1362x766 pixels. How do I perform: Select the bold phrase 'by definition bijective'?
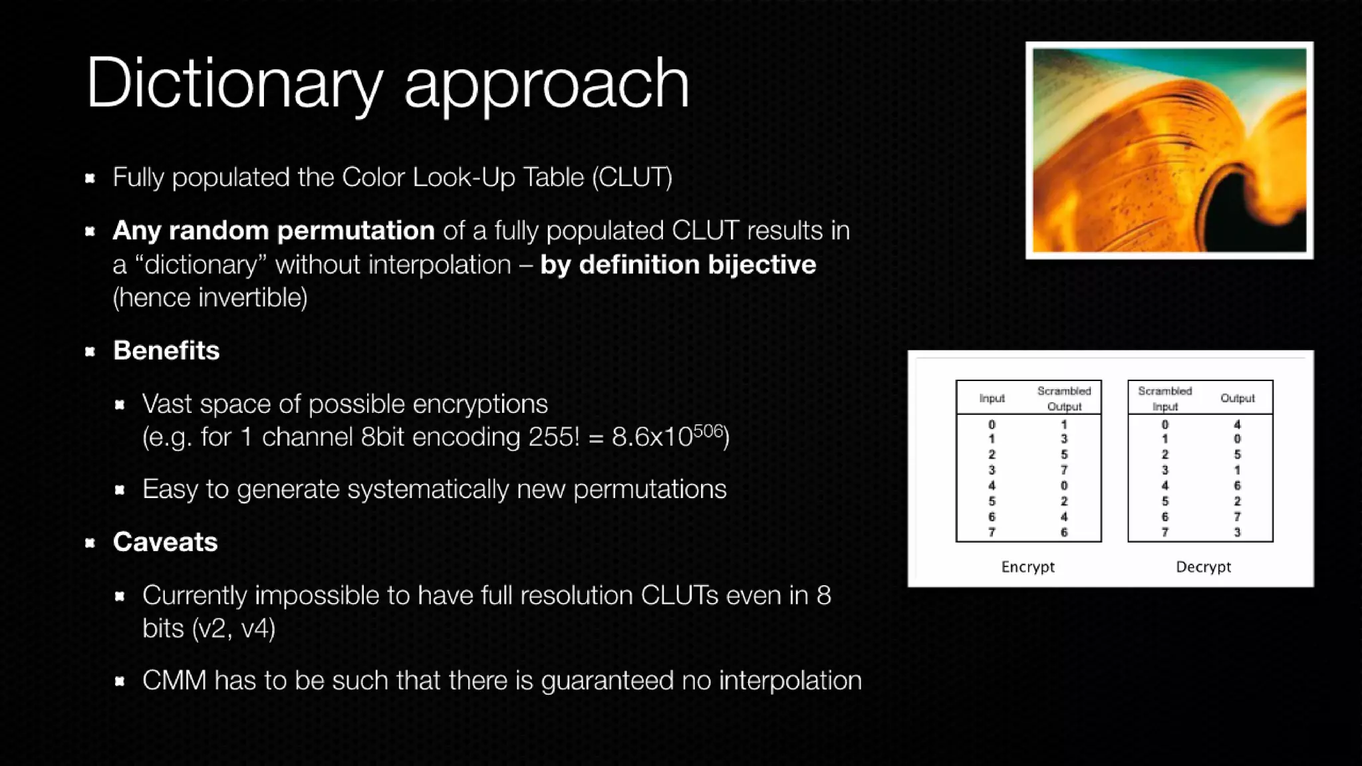pos(678,265)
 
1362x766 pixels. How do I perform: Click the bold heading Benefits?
pos(166,350)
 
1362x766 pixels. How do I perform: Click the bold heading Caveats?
pos(165,542)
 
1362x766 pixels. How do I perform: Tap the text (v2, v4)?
pos(233,628)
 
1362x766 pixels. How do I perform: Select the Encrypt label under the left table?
pos(1027,567)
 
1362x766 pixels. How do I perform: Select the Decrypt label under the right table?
pos(1203,567)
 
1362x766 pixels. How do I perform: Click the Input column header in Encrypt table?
pos(992,398)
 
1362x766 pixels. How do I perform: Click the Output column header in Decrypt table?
pos(1237,398)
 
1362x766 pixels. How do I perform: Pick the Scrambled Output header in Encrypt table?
pos(1064,398)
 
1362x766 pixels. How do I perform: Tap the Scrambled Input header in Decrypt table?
pos(1164,398)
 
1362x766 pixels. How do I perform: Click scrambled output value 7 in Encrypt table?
pos(1064,470)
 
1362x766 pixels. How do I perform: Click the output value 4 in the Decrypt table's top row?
pos(1237,424)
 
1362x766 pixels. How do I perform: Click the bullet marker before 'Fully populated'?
pos(90,178)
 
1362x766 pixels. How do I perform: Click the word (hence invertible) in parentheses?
pos(210,298)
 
